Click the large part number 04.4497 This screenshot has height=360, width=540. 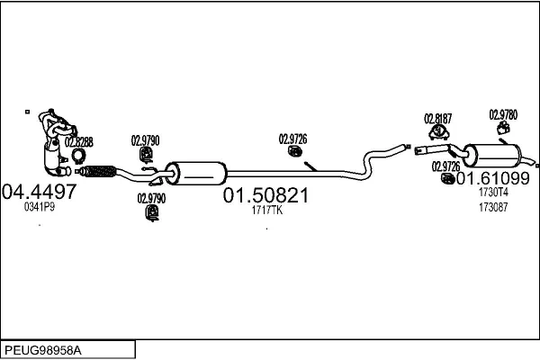tap(40, 191)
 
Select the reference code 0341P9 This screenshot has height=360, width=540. tap(39, 207)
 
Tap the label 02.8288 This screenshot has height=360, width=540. tap(78, 141)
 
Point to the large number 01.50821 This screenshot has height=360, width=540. tap(265, 195)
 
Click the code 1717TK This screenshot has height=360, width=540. tap(267, 211)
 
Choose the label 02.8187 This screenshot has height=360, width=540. tap(437, 118)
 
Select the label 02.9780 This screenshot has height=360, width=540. tap(503, 114)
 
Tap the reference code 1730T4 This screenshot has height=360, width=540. tap(493, 192)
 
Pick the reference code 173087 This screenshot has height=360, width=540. tap(492, 206)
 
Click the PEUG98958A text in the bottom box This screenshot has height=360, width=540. tap(45, 348)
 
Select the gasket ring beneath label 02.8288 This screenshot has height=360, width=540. tap(78, 155)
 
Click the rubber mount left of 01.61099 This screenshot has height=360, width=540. tap(448, 179)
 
